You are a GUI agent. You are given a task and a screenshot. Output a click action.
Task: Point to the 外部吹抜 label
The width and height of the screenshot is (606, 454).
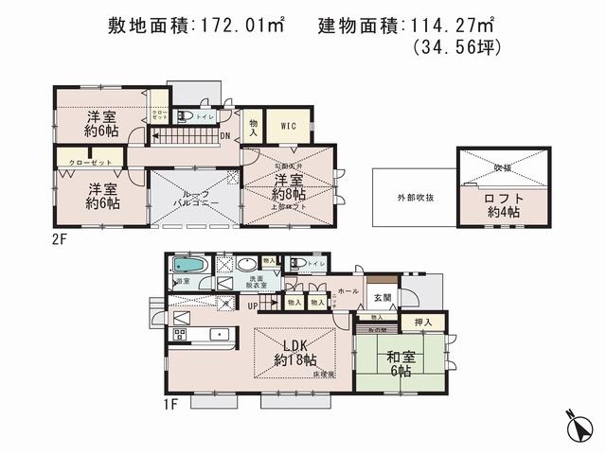click(415, 198)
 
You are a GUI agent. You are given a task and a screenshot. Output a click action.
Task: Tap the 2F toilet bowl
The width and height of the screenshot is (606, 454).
click(186, 117)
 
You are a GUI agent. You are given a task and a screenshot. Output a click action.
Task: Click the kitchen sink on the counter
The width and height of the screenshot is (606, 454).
click(218, 333)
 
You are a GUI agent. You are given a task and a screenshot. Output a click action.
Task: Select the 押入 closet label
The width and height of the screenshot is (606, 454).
click(422, 323)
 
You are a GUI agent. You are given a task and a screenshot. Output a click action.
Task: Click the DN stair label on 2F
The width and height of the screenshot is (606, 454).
click(224, 135)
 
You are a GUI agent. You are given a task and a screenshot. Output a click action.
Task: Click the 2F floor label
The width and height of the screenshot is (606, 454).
click(60, 239)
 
